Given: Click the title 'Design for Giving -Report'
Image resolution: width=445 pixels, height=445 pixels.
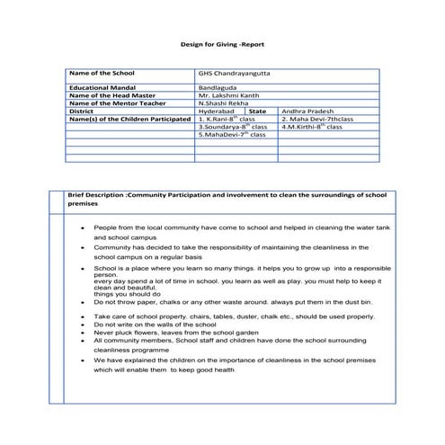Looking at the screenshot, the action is click(x=222, y=42).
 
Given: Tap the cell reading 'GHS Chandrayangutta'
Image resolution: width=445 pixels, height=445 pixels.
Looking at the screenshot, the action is click(x=229, y=73).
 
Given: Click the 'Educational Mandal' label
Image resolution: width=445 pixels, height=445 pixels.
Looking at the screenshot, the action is click(x=102, y=88).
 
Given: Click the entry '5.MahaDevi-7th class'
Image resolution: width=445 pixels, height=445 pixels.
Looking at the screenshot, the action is click(x=232, y=135).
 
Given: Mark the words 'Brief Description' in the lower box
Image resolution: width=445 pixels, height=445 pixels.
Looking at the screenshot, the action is click(x=97, y=195).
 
